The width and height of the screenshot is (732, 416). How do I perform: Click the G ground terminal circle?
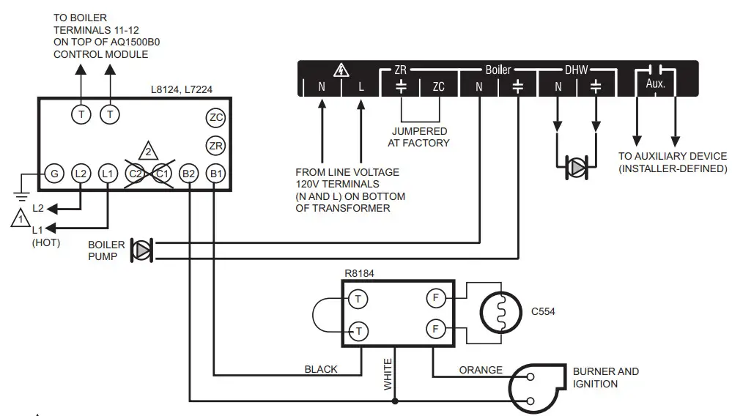pyautogui.click(x=53, y=174)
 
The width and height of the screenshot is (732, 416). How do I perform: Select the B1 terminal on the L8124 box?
pyautogui.click(x=215, y=174)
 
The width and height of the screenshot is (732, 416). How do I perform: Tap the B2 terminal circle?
pyautogui.click(x=188, y=174)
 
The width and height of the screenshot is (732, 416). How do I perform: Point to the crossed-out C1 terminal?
pyautogui.click(x=162, y=174)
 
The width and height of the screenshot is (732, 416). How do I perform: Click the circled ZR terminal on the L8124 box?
pyautogui.click(x=215, y=145)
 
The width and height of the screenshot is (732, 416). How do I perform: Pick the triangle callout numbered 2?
pyautogui.click(x=148, y=152)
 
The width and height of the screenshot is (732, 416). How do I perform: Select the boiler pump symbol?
pyautogui.click(x=141, y=250)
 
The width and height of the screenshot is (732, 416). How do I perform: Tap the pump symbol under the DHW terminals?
pyautogui.click(x=577, y=168)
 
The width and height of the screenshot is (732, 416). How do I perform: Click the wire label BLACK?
pyautogui.click(x=321, y=370)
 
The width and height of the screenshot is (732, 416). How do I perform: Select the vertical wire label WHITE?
pyautogui.click(x=388, y=374)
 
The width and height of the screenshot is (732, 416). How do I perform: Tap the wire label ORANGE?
pyautogui.click(x=481, y=370)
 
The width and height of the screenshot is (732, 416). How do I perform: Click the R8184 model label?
pyautogui.click(x=359, y=274)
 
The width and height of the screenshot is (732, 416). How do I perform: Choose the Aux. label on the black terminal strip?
pyautogui.click(x=655, y=85)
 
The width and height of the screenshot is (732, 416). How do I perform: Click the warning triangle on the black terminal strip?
pyautogui.click(x=341, y=70)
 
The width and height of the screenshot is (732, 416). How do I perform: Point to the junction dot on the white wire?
pyautogui.click(x=396, y=401)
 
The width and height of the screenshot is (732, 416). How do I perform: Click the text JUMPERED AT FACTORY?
pyautogui.click(x=418, y=137)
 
